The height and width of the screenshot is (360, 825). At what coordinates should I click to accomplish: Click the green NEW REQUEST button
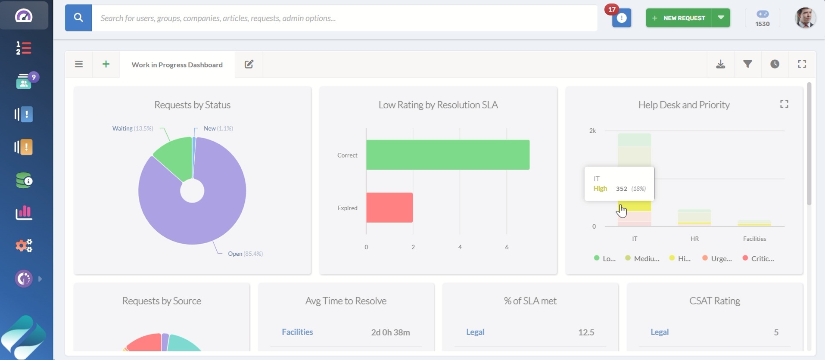coord(679,18)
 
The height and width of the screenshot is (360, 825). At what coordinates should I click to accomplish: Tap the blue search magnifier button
coord(78,18)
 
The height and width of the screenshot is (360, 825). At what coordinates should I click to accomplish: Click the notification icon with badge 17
coord(621,18)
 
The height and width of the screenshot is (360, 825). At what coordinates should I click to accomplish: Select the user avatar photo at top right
coord(805,18)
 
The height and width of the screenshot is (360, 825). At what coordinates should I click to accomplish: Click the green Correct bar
coord(447,155)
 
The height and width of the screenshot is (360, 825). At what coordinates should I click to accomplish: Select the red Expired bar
coord(389,208)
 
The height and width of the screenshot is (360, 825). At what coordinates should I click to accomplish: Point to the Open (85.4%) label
coord(245,254)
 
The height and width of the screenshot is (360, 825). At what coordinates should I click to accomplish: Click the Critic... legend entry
coord(759,258)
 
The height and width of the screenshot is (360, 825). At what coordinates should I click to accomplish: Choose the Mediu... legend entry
coord(643,258)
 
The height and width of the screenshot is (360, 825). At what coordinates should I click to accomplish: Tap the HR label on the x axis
coord(694,239)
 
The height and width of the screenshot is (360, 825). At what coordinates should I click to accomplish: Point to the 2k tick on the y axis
coord(592,130)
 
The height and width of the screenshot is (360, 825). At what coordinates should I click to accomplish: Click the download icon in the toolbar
coord(720,64)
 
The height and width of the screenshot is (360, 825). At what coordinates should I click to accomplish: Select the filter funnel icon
coord(747,64)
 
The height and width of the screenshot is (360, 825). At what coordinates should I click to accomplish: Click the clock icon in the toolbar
coord(775,64)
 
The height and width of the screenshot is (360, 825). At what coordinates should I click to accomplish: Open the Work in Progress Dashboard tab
coord(177,65)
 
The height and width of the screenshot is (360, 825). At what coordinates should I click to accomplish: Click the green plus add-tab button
coord(106,64)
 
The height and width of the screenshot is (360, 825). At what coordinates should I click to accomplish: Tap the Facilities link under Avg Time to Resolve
coord(297,332)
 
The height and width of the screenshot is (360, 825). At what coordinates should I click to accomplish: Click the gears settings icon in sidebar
coord(24,245)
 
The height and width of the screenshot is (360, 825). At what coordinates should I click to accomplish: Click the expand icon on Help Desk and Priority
coord(784,104)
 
